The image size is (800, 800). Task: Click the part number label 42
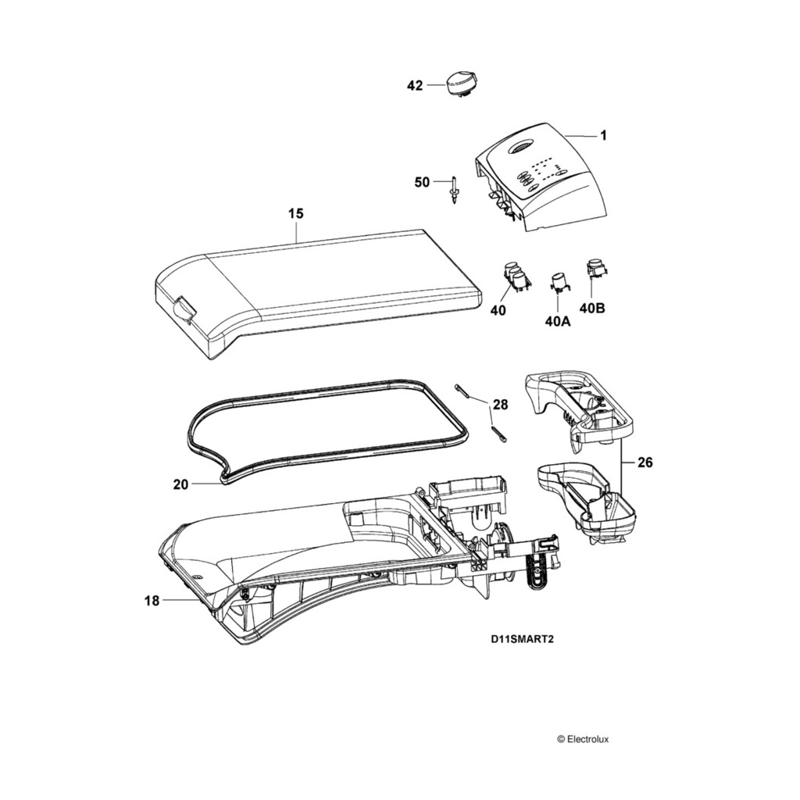(414, 86)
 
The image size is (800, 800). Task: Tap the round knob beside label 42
(460, 80)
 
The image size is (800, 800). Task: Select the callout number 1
(603, 136)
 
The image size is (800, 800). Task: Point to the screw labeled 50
(454, 189)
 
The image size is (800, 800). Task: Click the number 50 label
(422, 182)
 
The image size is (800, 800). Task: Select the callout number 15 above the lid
(296, 213)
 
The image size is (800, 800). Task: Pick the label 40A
(558, 320)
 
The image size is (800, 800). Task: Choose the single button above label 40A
(560, 282)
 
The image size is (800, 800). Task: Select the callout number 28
(500, 405)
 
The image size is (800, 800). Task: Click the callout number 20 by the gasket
(180, 484)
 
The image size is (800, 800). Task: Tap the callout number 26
(645, 462)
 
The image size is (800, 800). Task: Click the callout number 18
(152, 601)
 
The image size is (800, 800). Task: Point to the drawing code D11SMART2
(523, 637)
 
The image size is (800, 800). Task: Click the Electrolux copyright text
(587, 738)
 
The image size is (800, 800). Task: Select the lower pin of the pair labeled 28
(498, 434)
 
